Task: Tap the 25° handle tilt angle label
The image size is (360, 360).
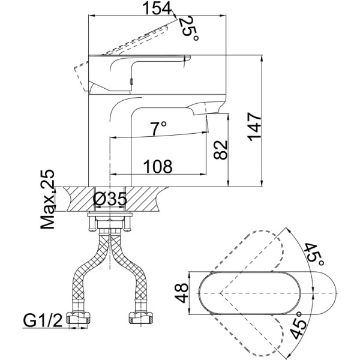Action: pyautogui.click(x=189, y=27)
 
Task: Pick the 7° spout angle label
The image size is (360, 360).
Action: pyautogui.click(x=158, y=128)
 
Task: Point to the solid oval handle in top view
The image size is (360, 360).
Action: pyautogui.click(x=252, y=294)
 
